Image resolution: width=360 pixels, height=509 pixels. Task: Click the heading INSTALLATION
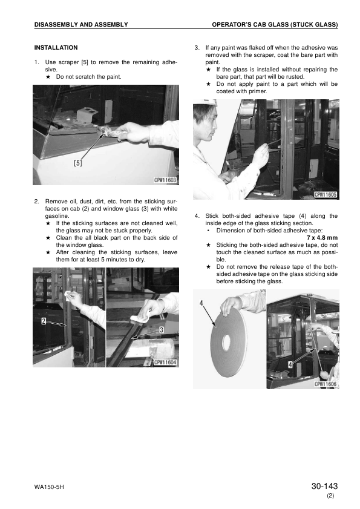[x=56, y=47]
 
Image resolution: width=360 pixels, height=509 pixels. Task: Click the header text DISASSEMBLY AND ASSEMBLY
[x=81, y=24]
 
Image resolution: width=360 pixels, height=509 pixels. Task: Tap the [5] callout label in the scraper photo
[x=78, y=163]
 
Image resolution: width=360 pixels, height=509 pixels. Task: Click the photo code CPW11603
[x=165, y=180]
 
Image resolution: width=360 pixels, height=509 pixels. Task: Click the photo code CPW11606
[x=326, y=384]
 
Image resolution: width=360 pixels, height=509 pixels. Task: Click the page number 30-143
[x=324, y=487]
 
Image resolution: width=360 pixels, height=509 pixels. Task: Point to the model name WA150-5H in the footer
[x=49, y=488]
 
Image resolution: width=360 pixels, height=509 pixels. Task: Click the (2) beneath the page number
[x=330, y=496]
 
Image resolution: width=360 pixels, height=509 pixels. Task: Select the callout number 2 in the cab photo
[x=44, y=322]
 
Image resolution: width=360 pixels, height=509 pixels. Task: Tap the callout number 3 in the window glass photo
[x=162, y=329]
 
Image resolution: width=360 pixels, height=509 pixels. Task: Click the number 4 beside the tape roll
[x=200, y=302]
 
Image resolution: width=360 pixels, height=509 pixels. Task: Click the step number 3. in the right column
[x=197, y=47]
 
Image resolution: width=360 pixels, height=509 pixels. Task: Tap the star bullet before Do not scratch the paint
[x=48, y=77]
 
